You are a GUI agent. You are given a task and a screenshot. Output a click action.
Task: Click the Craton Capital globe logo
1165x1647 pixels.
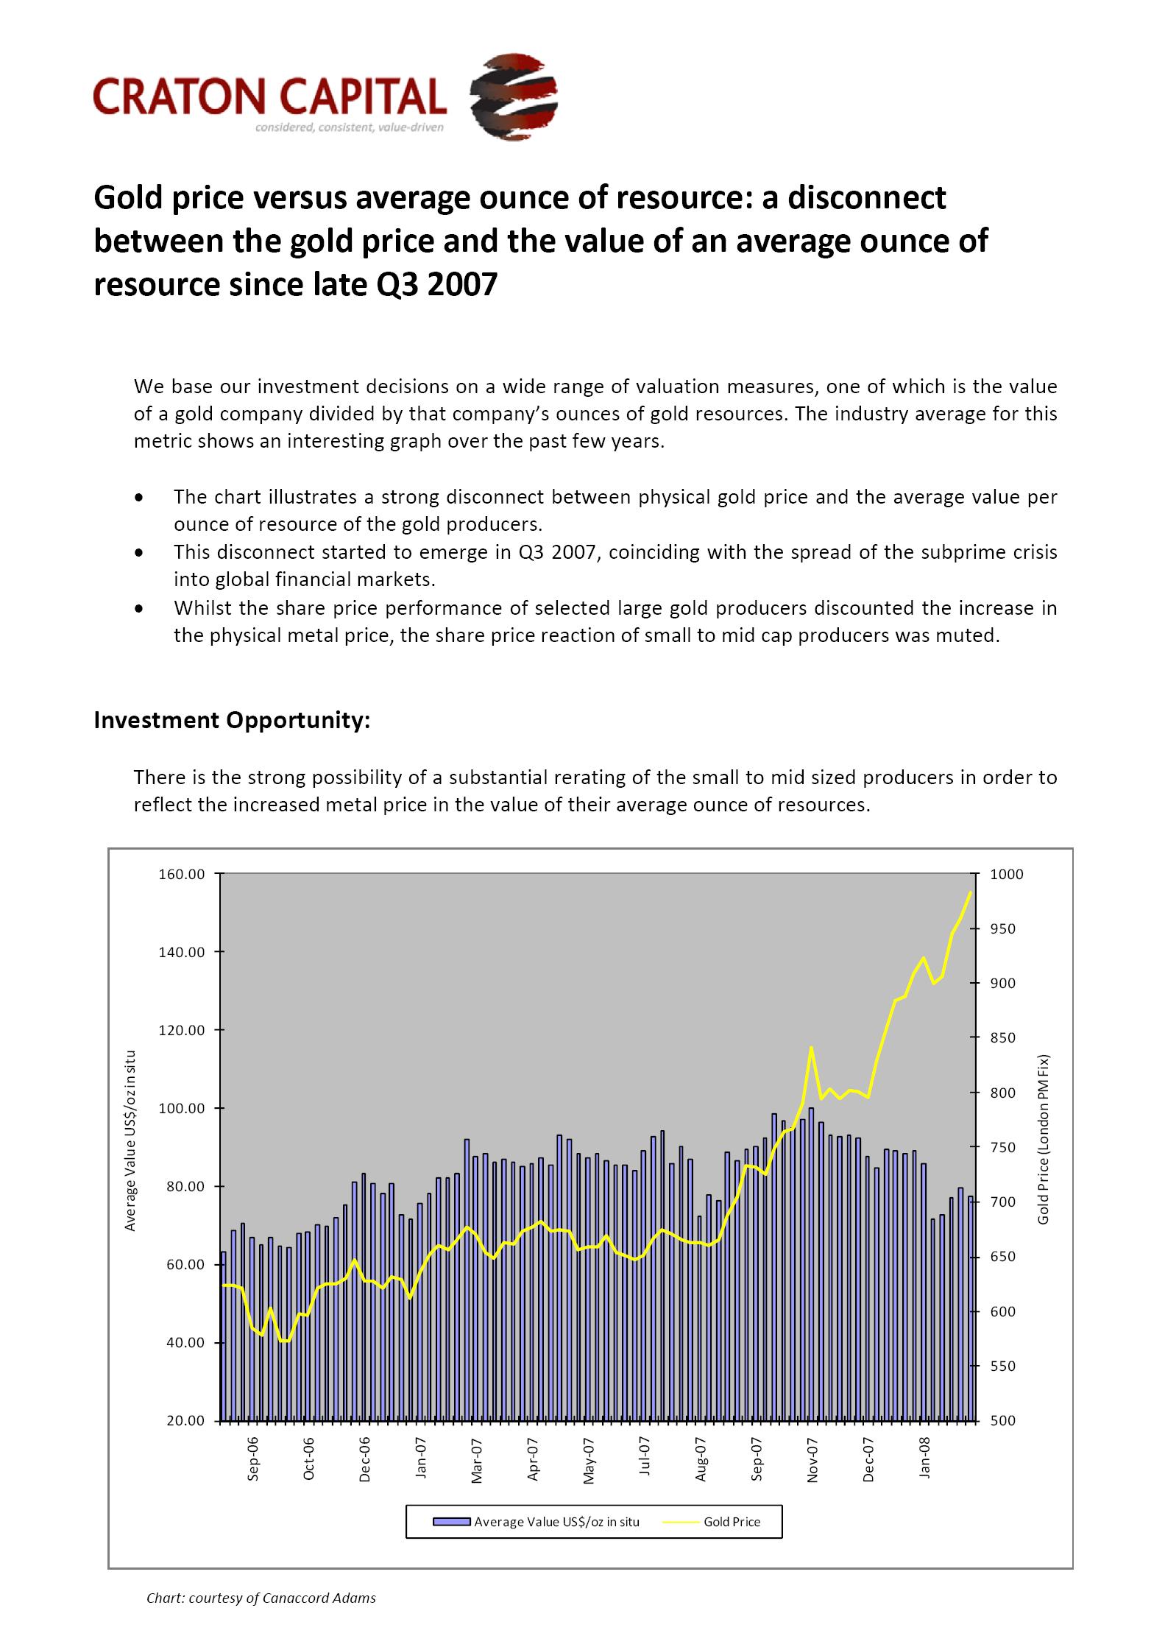click(x=514, y=96)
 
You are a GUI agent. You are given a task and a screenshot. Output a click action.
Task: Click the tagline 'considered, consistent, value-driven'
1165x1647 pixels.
click(x=349, y=128)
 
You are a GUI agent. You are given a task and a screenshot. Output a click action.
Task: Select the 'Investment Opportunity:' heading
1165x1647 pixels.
click(x=232, y=720)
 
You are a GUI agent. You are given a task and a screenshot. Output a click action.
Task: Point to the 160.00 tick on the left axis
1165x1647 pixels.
click(x=182, y=875)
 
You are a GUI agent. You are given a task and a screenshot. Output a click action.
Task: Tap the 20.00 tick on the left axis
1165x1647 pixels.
click(x=185, y=1421)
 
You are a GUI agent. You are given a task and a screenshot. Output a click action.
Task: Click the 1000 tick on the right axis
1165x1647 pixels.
click(x=1007, y=875)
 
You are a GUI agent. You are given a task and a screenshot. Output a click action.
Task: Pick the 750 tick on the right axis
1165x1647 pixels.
click(x=1002, y=1148)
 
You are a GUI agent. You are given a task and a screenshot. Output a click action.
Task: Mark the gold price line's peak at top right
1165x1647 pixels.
click(x=970, y=892)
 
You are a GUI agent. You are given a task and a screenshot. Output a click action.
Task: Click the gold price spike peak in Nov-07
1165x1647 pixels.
click(x=811, y=1047)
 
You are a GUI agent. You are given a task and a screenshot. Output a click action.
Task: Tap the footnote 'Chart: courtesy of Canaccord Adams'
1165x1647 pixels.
click(x=261, y=1598)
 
